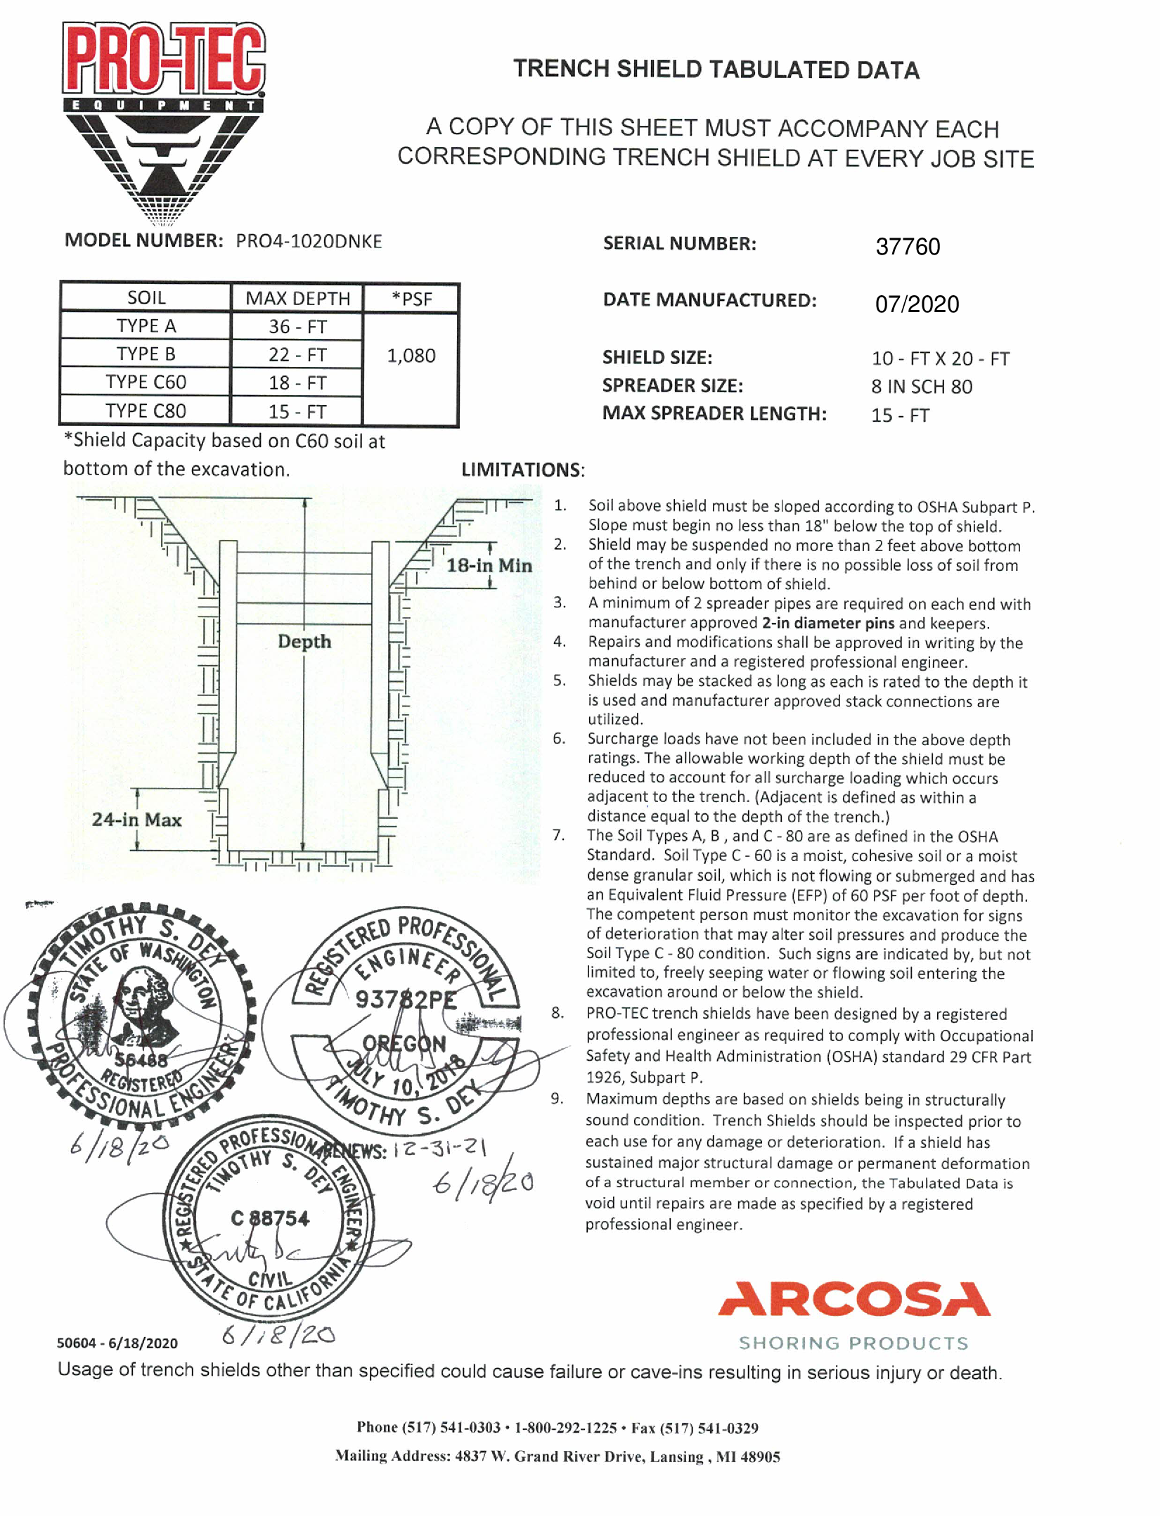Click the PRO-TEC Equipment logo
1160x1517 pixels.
(x=164, y=120)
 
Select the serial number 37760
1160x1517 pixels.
(x=907, y=247)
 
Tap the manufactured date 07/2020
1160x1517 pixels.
(x=916, y=304)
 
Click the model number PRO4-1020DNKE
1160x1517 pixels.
(x=309, y=241)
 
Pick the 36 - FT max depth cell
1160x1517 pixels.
(x=297, y=326)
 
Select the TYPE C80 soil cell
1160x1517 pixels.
(x=146, y=411)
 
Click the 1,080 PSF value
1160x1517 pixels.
(x=411, y=356)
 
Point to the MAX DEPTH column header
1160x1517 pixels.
(x=297, y=298)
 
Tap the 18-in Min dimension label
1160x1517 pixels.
(x=489, y=565)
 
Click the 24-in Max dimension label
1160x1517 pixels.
(x=136, y=820)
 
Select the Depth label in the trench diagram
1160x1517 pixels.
(x=304, y=641)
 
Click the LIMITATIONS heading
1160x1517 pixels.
(x=522, y=470)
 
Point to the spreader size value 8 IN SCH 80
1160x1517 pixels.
(x=922, y=387)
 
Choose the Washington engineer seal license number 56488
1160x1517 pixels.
(x=141, y=1060)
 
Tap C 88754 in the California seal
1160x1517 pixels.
(x=270, y=1218)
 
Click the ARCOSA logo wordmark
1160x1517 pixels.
(x=853, y=1299)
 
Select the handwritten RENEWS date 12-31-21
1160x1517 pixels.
(x=439, y=1149)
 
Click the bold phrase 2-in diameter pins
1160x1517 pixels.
(x=827, y=623)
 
